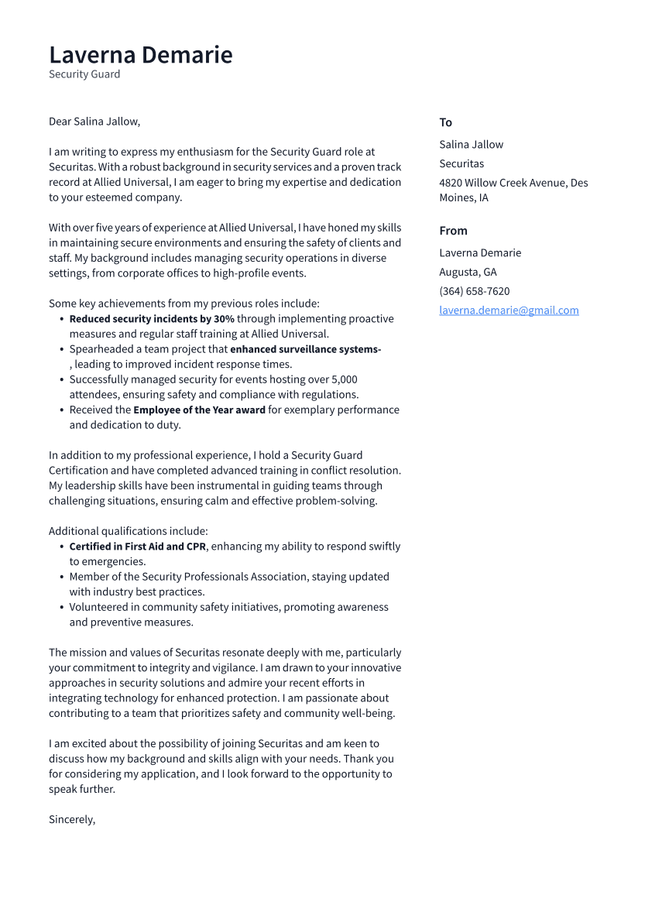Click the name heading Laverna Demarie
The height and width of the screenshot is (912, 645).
140,55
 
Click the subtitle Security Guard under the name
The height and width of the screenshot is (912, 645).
84,74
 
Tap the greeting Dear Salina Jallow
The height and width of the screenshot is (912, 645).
94,122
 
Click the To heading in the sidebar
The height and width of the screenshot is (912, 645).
445,122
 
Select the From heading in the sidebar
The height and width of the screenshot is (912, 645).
453,231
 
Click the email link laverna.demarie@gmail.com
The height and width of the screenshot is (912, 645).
509,310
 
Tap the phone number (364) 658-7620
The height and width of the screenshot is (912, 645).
474,291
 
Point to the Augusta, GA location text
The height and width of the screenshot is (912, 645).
468,272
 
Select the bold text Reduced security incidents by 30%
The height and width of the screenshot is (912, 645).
152,319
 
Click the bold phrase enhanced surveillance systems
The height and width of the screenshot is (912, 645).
305,349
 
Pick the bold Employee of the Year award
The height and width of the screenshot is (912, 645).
199,410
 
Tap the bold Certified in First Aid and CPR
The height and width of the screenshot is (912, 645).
138,547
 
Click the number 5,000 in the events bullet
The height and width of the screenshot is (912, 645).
344,379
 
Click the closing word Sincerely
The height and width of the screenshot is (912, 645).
71,819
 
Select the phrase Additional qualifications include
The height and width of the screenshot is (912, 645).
128,531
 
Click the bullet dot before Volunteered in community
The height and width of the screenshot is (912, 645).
61,608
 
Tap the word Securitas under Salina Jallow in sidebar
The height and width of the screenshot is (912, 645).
461,163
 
